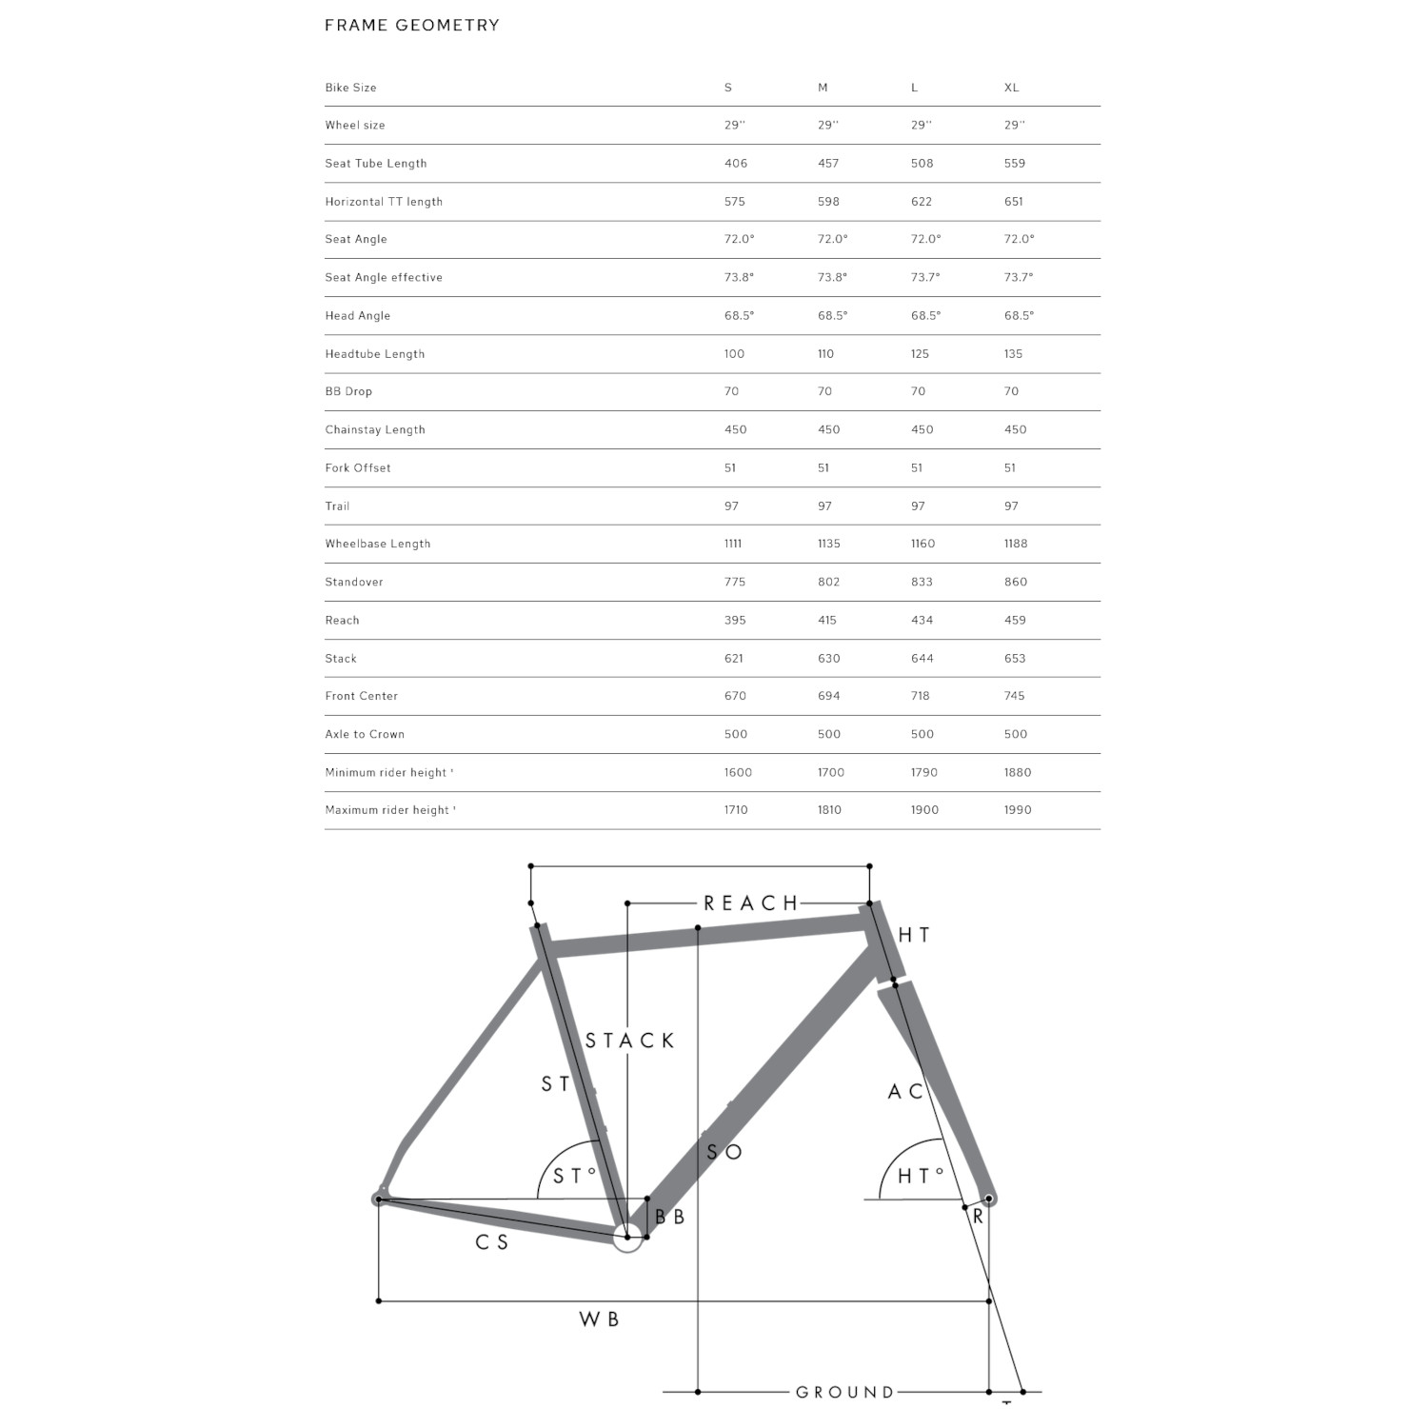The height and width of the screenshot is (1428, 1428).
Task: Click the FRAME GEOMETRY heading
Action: (412, 26)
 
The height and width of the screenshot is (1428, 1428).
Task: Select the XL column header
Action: (1011, 88)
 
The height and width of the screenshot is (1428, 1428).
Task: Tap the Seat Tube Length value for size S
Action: (735, 164)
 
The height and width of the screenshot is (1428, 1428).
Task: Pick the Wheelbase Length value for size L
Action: (922, 544)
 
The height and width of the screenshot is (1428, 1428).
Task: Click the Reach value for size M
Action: (826, 620)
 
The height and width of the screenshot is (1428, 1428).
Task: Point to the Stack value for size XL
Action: (1015, 658)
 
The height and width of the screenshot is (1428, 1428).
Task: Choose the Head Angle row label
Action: (357, 316)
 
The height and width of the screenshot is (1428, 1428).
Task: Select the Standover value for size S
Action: (735, 582)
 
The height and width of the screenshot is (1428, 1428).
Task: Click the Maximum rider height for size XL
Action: (1017, 810)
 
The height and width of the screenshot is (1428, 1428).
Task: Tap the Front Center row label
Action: (361, 696)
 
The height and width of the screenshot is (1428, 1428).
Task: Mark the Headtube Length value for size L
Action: (920, 354)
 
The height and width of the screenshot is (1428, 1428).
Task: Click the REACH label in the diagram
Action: (750, 903)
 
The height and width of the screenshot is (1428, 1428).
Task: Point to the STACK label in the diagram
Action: (629, 1041)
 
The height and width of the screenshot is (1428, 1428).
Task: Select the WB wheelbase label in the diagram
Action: (599, 1319)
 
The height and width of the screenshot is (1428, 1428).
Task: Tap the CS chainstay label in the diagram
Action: (491, 1242)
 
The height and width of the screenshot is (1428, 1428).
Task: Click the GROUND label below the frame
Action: (844, 1393)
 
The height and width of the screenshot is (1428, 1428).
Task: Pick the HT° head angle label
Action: (921, 1177)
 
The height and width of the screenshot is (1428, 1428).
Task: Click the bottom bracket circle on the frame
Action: (626, 1239)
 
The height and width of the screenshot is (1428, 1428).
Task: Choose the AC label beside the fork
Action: (905, 1092)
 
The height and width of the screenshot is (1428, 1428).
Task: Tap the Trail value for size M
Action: (824, 506)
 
